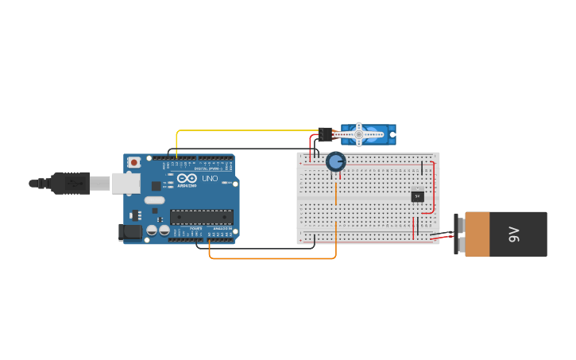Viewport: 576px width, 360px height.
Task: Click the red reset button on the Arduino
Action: (x=134, y=162)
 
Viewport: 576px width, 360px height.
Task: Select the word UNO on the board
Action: (x=210, y=179)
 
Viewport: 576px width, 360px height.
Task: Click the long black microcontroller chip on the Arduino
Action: (x=201, y=216)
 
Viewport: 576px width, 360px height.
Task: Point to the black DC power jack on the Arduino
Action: (x=130, y=232)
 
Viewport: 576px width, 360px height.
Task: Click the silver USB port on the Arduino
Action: (x=125, y=184)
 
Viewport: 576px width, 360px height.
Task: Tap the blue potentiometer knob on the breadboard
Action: (x=336, y=162)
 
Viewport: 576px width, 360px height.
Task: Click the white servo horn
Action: (x=359, y=134)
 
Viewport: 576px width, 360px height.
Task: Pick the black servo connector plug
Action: (x=325, y=134)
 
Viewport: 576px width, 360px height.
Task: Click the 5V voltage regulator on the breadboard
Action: (x=418, y=196)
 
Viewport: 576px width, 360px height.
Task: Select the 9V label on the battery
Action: (x=513, y=234)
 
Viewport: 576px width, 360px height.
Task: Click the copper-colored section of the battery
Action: (x=477, y=234)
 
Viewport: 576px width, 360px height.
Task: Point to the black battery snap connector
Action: (x=457, y=234)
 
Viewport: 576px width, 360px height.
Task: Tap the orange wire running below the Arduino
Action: (x=270, y=258)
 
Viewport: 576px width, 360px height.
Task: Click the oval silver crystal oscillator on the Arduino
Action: (x=155, y=200)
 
